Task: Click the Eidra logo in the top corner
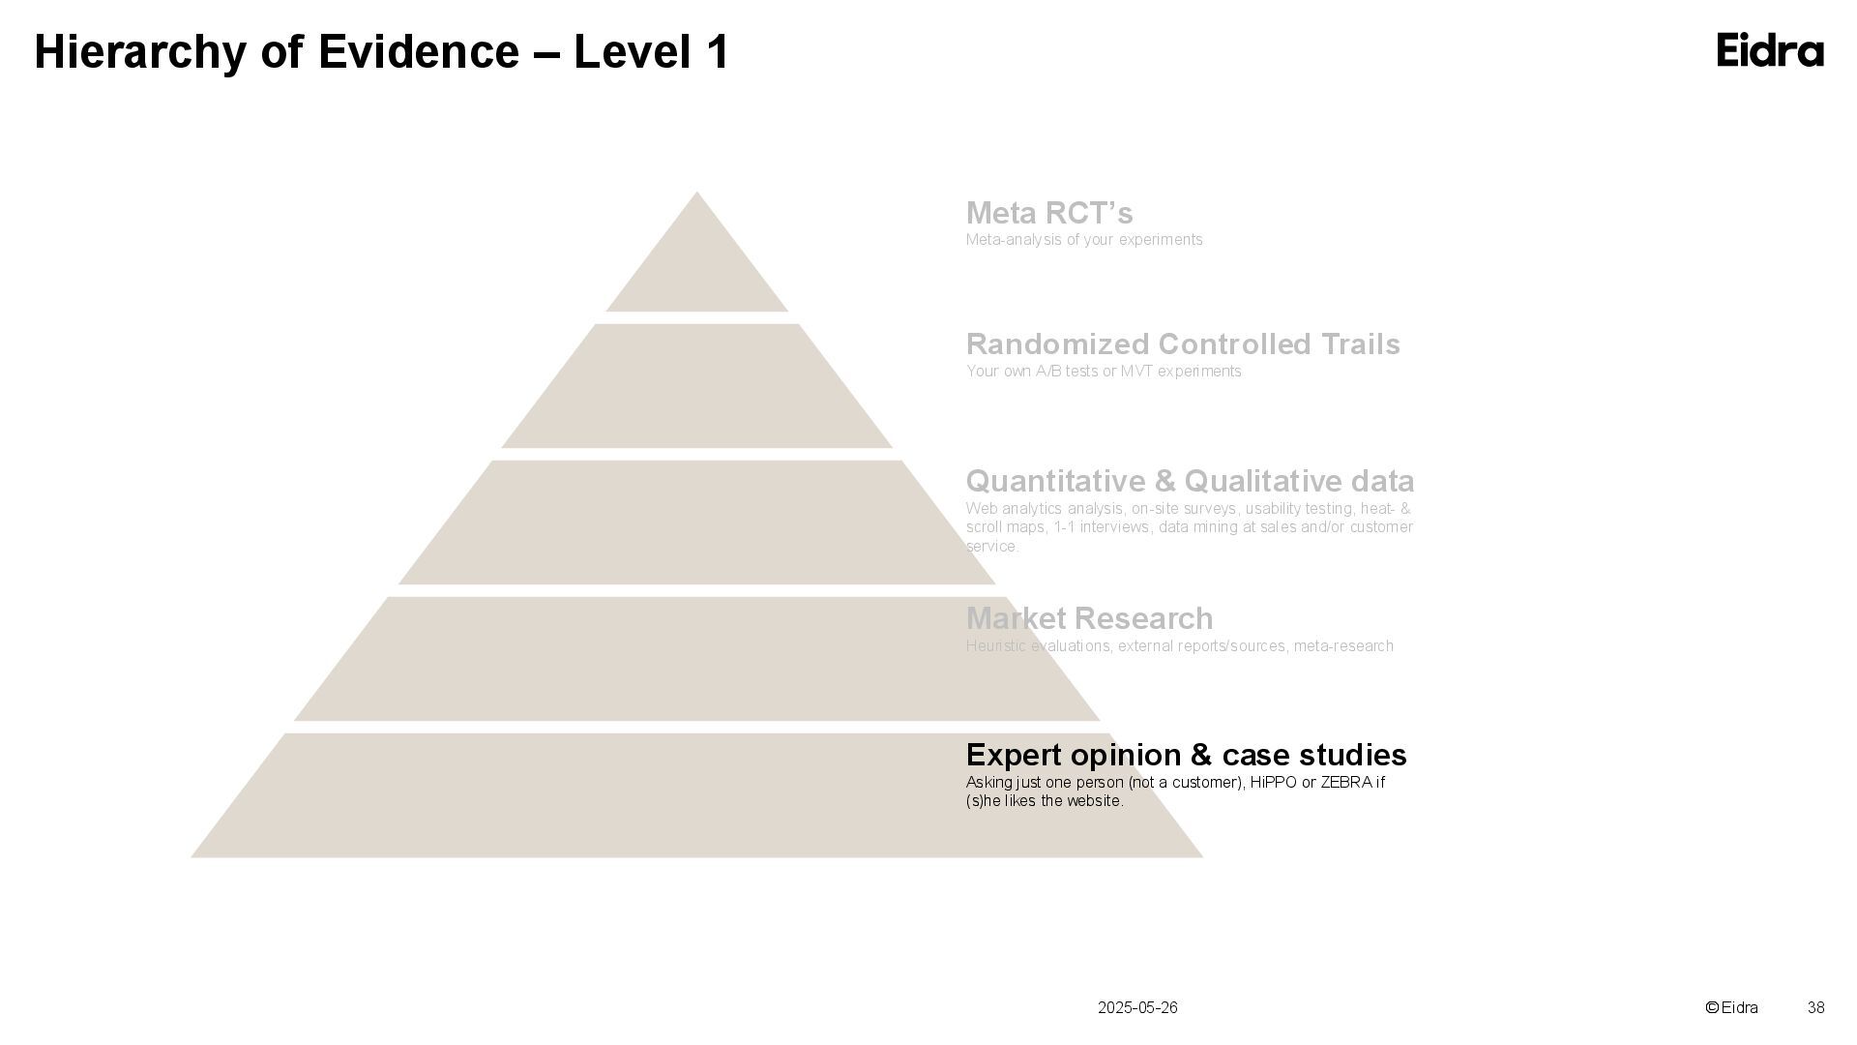pos(1770,50)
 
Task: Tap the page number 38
pos(1815,1007)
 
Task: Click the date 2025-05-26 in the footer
pos(1137,1007)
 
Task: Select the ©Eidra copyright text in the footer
pos(1731,1007)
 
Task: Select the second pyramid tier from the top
pos(696,387)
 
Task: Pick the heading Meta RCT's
pos(1049,213)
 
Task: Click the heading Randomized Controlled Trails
pos(1183,344)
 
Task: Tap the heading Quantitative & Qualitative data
pos(1190,481)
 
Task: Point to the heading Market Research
pos(1089,618)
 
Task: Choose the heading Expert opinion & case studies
pos(1186,755)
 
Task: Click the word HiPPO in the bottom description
pos(1273,782)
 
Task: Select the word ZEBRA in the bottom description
pos(1345,782)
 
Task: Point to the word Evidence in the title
pos(418,52)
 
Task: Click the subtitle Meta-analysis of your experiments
pos(1084,240)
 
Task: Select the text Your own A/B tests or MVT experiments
pos(1104,372)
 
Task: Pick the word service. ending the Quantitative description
pos(991,547)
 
